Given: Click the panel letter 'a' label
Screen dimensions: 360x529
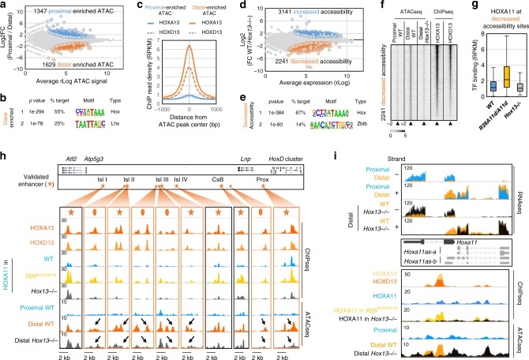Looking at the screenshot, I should [4, 6].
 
